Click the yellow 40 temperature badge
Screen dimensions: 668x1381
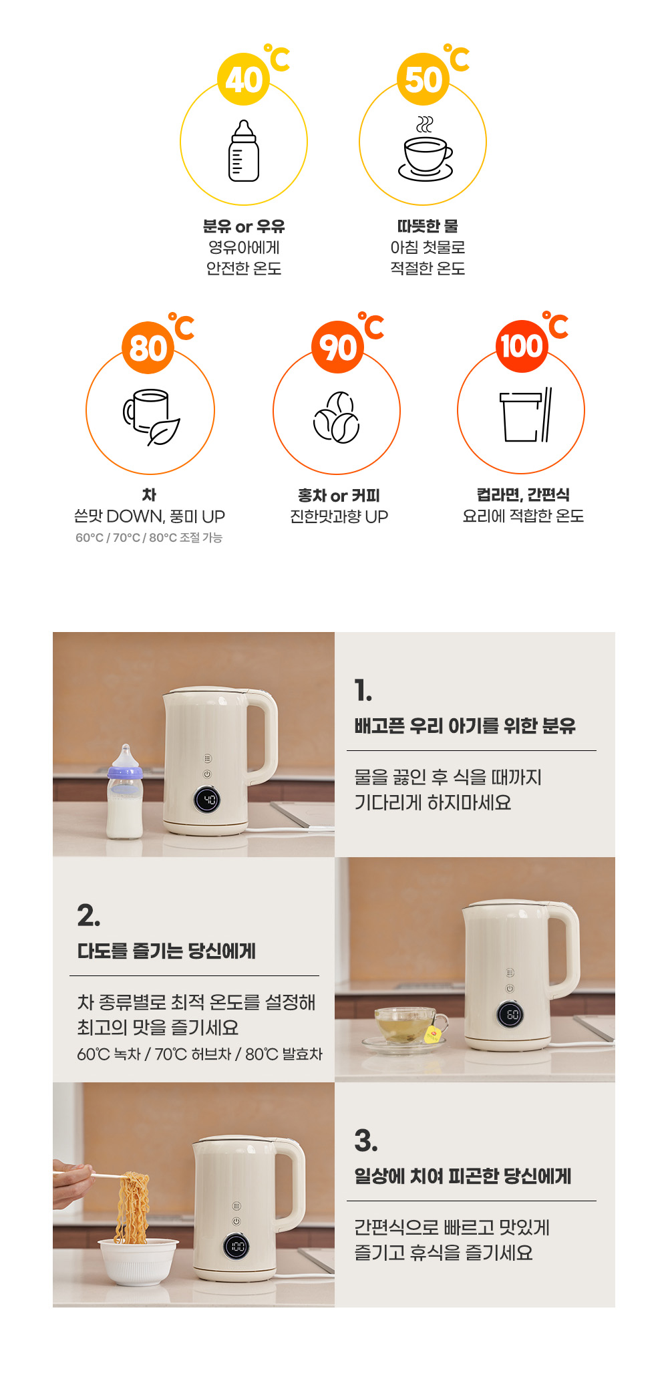click(x=244, y=79)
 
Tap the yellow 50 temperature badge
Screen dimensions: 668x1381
click(x=423, y=79)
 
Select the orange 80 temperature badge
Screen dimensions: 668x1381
click(x=148, y=347)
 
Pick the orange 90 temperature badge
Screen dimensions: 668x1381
click(x=337, y=347)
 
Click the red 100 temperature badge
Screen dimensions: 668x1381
click(x=522, y=346)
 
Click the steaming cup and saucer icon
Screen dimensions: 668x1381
click(x=426, y=148)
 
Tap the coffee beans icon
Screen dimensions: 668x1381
click(x=337, y=418)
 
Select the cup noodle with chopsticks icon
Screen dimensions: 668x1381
click(x=526, y=415)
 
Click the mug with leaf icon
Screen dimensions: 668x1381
click(x=152, y=418)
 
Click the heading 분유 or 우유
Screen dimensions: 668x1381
click(x=244, y=226)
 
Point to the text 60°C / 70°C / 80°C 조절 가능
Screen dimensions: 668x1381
click(x=149, y=538)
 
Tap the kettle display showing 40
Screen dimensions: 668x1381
click(x=207, y=800)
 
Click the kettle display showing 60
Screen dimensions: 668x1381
click(x=511, y=1015)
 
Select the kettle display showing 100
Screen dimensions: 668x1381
click(x=236, y=1247)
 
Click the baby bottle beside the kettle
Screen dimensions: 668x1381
click(x=126, y=792)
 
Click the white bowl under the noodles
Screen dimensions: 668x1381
click(x=138, y=1261)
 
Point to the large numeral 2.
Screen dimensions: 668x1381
click(x=89, y=915)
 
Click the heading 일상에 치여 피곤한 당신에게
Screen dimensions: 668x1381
click(x=463, y=1176)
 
